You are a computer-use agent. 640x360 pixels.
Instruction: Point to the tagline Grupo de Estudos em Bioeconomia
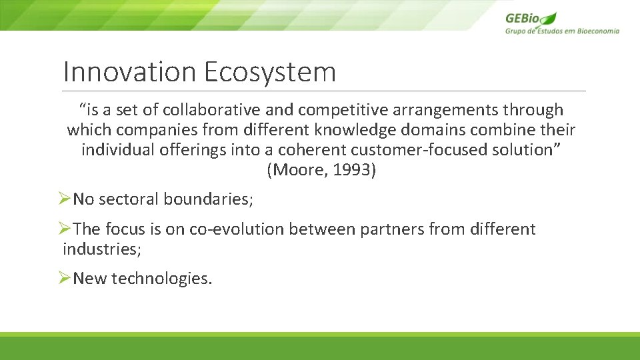point(562,31)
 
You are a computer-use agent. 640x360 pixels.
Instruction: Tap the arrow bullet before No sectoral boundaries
point(64,199)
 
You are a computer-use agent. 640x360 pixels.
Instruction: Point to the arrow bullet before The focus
point(64,229)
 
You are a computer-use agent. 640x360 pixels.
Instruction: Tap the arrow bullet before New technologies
point(64,278)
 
